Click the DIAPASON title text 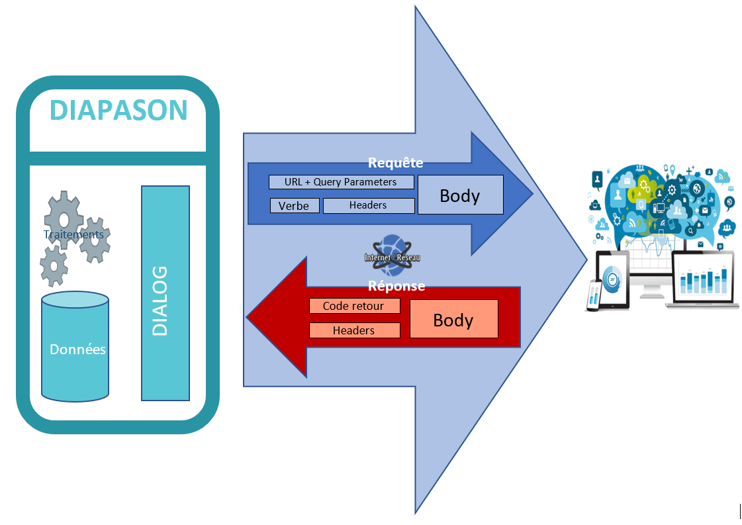click(118, 109)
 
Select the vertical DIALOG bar click(165, 293)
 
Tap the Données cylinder click(75, 349)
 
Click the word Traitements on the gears click(73, 234)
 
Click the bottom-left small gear click(53, 265)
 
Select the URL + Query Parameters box click(341, 182)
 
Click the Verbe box click(294, 206)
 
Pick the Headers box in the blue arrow click(368, 206)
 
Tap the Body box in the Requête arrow click(460, 195)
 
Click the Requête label click(395, 163)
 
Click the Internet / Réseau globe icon click(393, 257)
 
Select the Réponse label click(396, 286)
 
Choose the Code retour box click(354, 306)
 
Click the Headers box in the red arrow click(354, 330)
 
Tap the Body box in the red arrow click(453, 320)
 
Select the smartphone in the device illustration click(593, 295)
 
